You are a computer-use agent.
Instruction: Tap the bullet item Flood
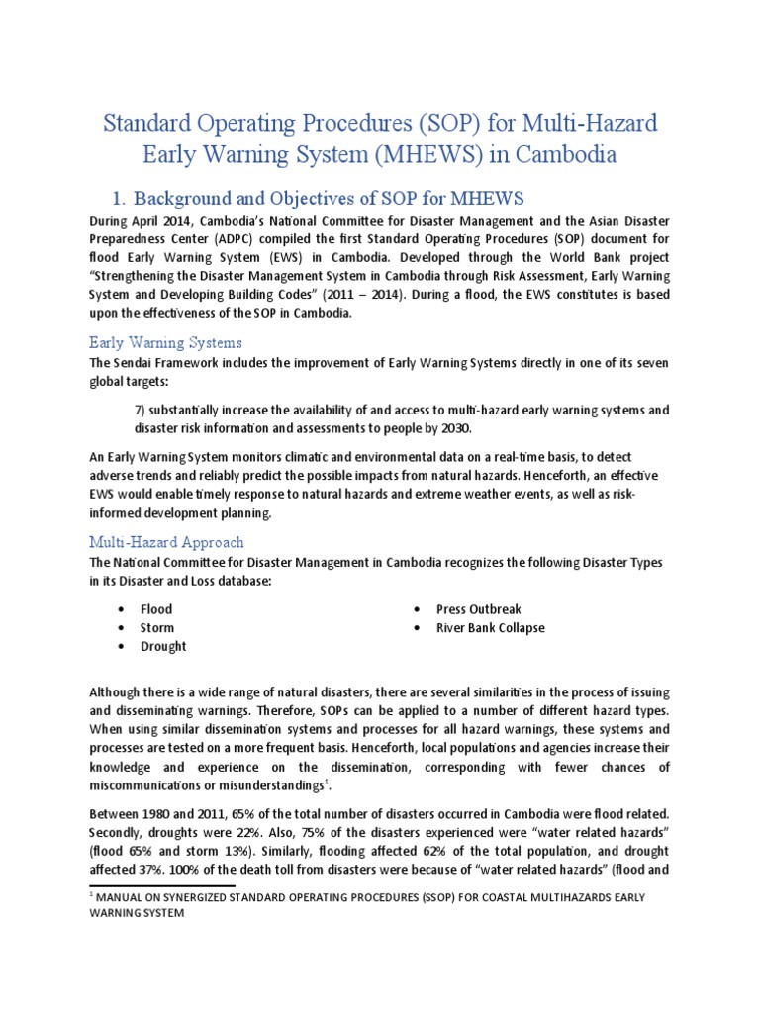click(155, 609)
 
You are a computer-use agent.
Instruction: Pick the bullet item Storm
click(156, 627)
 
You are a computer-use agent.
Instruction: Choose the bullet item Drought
click(163, 646)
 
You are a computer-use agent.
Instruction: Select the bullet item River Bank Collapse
click(491, 627)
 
